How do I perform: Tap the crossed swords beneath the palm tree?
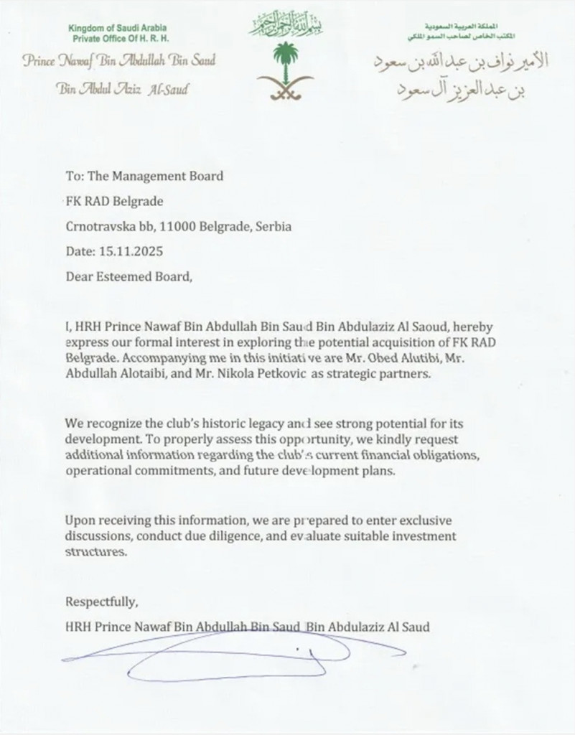[x=287, y=89]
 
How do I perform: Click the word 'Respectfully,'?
[x=101, y=601]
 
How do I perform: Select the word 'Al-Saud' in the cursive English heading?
[x=171, y=90]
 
